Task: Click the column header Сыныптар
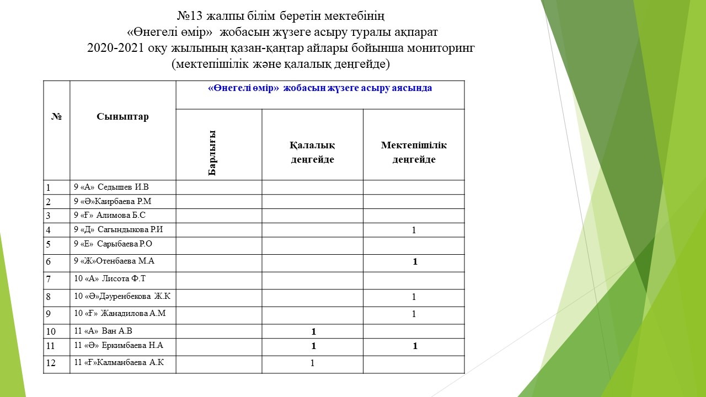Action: coord(122,117)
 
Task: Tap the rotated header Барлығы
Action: coord(212,153)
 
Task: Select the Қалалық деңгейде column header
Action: coord(312,152)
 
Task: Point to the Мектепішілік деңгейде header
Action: coord(414,152)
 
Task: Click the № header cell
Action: coord(56,117)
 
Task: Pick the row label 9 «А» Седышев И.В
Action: coord(111,187)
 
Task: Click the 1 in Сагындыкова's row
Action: coord(414,230)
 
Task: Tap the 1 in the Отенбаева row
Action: coord(415,262)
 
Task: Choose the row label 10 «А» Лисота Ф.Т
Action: coord(110,279)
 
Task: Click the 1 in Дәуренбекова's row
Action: coord(414,297)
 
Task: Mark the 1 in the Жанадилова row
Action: coord(414,314)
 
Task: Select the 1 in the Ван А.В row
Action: coord(313,332)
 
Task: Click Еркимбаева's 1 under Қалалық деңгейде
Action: coord(313,346)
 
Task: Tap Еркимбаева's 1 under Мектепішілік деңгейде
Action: coord(415,346)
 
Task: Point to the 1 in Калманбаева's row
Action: coord(312,363)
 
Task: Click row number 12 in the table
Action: coord(51,363)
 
